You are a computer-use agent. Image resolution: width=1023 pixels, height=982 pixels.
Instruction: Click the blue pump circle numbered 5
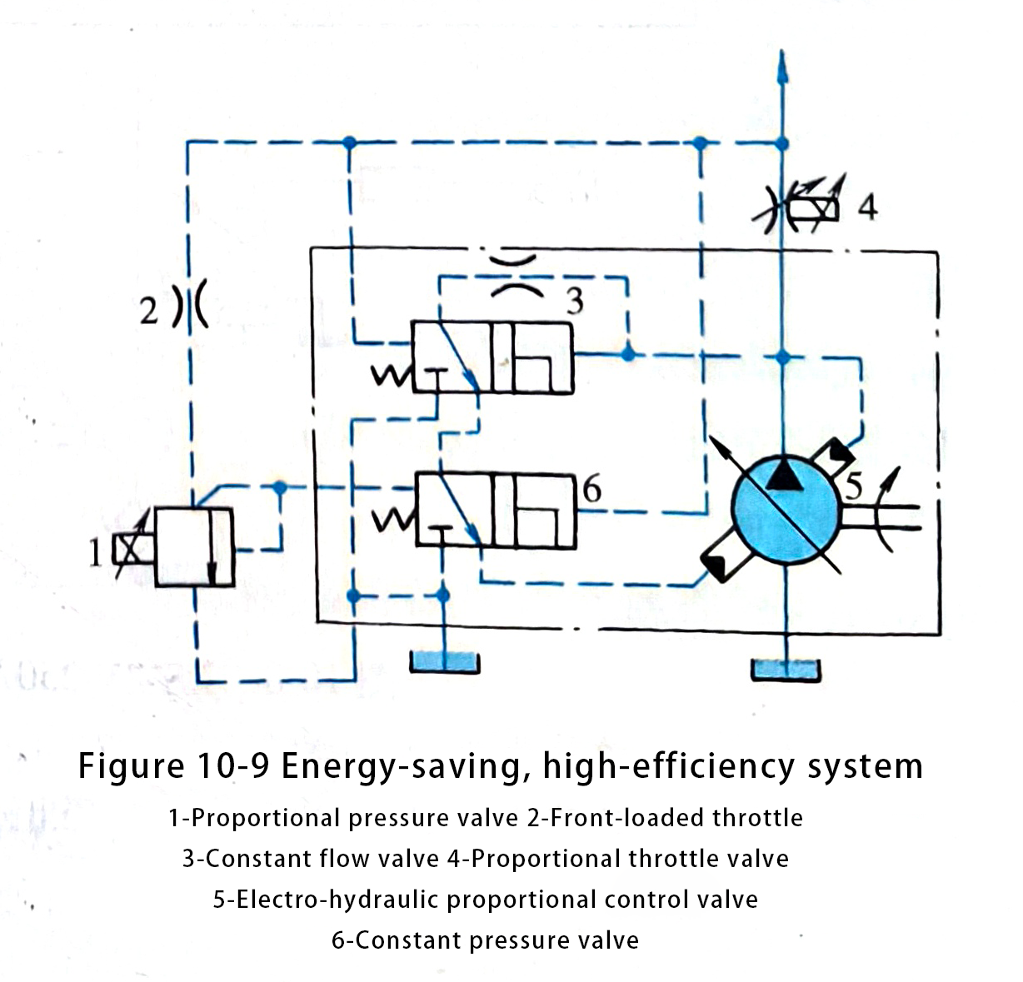pyautogui.click(x=785, y=510)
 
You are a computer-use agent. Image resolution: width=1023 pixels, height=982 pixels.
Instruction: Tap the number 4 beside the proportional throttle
pyautogui.click(x=868, y=207)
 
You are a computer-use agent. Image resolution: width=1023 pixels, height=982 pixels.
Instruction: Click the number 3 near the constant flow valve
pyautogui.click(x=575, y=302)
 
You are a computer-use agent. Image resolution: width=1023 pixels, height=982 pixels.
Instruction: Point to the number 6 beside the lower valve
pyautogui.click(x=592, y=490)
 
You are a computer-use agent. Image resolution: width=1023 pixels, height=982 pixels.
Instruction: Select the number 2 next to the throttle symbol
pyautogui.click(x=149, y=311)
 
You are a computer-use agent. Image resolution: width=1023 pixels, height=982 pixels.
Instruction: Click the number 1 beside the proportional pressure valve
pyautogui.click(x=95, y=553)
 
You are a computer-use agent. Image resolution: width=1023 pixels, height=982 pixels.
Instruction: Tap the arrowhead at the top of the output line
pyautogui.click(x=782, y=67)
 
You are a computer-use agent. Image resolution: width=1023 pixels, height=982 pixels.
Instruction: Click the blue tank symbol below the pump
pyautogui.click(x=786, y=670)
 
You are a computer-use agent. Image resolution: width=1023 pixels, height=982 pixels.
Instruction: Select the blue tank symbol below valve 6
pyautogui.click(x=445, y=661)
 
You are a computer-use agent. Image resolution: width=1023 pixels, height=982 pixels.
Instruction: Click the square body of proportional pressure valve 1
pyautogui.click(x=194, y=546)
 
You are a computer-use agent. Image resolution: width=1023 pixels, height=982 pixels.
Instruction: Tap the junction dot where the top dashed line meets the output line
pyautogui.click(x=782, y=143)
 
